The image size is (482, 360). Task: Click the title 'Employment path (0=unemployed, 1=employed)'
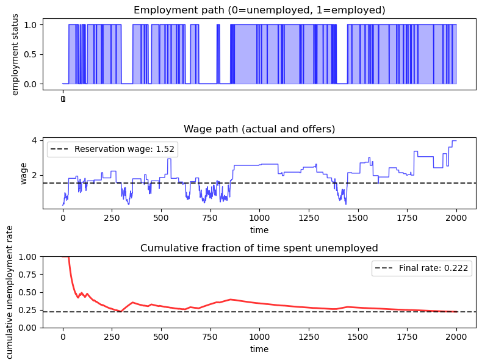[x=259, y=10]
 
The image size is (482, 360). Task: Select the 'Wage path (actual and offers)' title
[x=259, y=129]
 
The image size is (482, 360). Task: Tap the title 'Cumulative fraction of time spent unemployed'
[x=259, y=248]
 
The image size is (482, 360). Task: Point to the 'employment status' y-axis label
[x=15, y=54]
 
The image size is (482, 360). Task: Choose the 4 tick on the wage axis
[x=35, y=140]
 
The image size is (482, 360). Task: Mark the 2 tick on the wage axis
[x=35, y=175]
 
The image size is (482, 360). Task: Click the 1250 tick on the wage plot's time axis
[x=309, y=218]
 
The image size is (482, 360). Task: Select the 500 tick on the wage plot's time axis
[x=161, y=218]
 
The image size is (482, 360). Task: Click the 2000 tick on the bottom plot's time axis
[x=456, y=337]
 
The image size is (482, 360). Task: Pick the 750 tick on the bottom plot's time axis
[x=210, y=337]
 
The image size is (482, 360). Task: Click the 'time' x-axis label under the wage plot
[x=259, y=230]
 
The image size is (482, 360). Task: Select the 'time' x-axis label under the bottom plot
[x=259, y=349]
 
